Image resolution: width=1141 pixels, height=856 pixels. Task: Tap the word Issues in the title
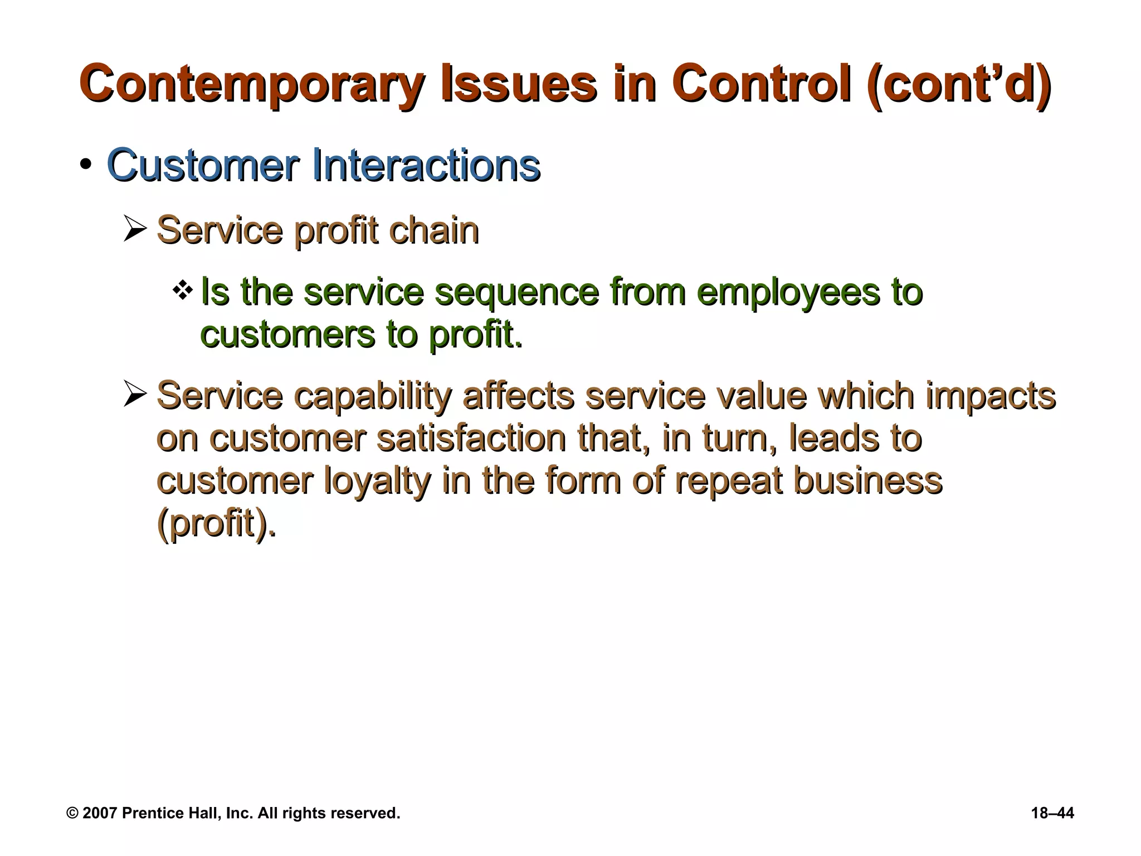pyautogui.click(x=519, y=85)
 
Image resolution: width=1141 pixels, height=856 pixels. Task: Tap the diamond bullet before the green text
pyautogui.click(x=182, y=290)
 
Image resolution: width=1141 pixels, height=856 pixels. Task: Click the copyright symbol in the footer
pyautogui.click(x=72, y=813)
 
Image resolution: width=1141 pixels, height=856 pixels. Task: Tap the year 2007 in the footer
pyautogui.click(x=100, y=813)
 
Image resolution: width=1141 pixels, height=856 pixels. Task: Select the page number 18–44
pyautogui.click(x=1052, y=813)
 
